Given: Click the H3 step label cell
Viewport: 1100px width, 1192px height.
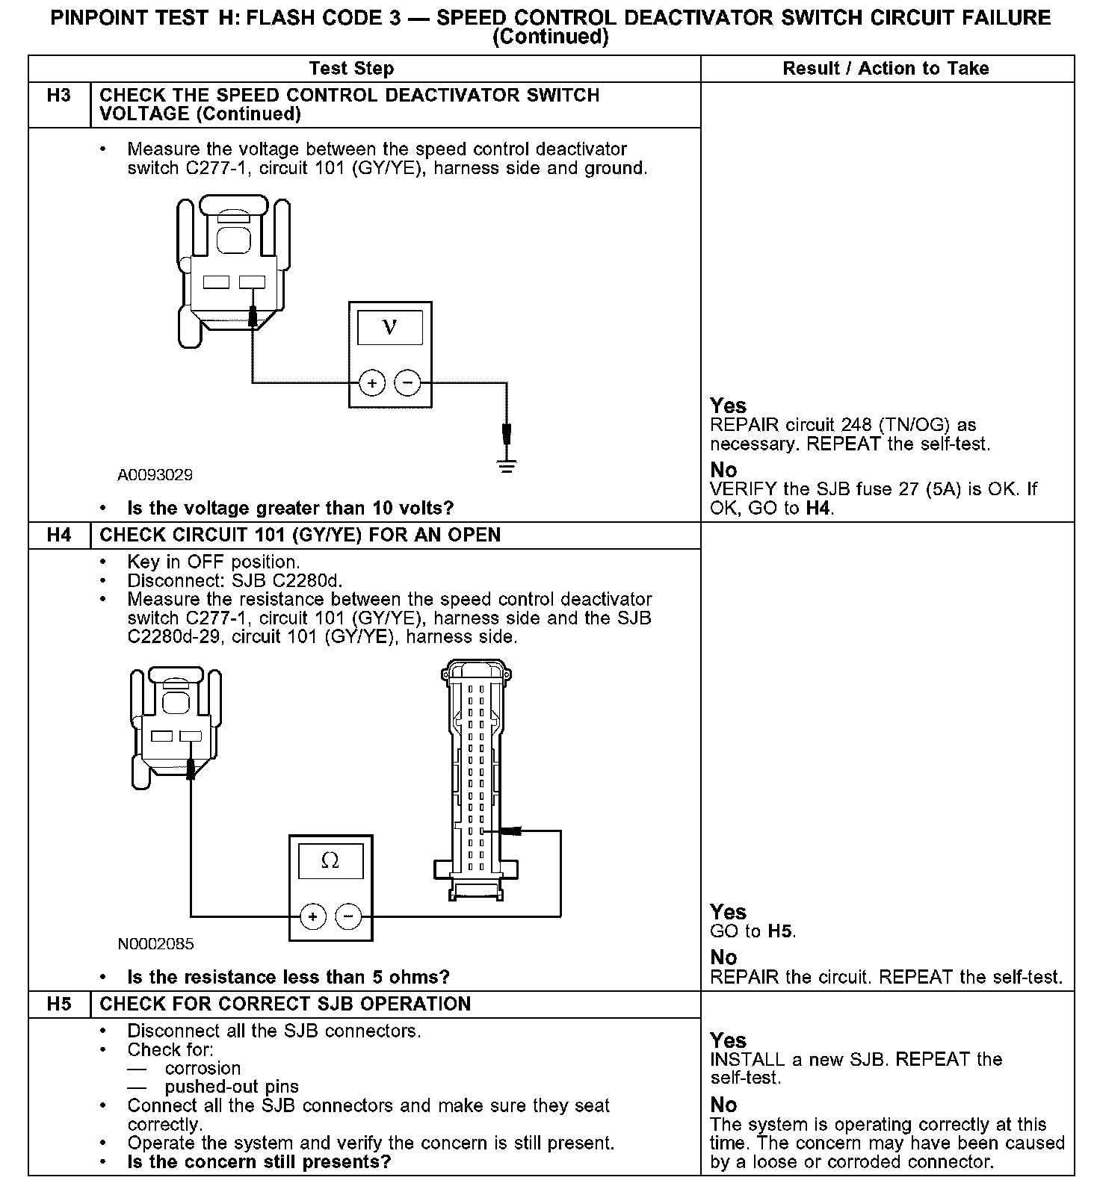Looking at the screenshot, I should (59, 96).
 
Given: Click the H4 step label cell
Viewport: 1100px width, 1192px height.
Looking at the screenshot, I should (59, 536).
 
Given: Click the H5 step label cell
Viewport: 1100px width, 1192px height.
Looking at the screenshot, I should (59, 1005).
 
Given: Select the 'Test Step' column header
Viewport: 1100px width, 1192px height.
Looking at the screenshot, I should (351, 69).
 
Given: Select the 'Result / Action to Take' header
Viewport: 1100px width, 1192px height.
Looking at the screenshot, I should (886, 69).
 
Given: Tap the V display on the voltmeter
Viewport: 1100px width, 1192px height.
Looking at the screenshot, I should (389, 327).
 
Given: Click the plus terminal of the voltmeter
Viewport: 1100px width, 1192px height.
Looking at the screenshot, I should (371, 383).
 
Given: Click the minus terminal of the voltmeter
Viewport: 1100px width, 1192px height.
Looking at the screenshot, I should (407, 383).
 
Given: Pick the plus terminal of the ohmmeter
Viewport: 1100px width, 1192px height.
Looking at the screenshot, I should (312, 916).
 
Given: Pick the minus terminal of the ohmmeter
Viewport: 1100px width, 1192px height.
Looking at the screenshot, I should (348, 916).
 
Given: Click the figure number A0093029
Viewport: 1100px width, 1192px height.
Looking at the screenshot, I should (155, 475).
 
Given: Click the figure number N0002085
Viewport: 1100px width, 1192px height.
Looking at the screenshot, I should (155, 944).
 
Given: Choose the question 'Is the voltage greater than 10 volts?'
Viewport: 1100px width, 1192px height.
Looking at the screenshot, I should (290, 509).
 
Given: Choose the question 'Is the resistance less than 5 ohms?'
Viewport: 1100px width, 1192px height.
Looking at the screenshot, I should (288, 978).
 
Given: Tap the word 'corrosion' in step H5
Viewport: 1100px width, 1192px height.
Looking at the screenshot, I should (203, 1069).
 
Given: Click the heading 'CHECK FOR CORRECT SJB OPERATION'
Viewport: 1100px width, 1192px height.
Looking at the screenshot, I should (285, 1005).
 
